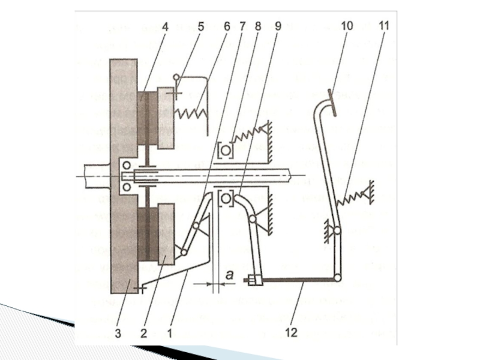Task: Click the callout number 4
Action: point(165,27)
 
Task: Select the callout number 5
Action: point(200,27)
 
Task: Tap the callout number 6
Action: point(227,27)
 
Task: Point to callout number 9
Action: point(278,26)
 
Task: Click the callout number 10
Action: point(347,26)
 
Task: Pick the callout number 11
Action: point(384,26)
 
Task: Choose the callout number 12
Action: point(291,332)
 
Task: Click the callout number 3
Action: point(118,333)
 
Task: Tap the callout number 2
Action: point(144,333)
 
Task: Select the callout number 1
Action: point(170,333)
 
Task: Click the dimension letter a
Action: point(230,275)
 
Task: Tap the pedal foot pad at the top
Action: point(332,103)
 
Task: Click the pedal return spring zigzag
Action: point(350,199)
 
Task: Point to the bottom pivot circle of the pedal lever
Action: point(337,278)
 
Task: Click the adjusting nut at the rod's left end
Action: point(253,280)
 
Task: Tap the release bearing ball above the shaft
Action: point(226,151)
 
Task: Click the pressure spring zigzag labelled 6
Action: point(191,113)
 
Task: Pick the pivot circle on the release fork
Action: point(253,219)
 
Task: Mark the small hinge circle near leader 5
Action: point(176,77)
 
